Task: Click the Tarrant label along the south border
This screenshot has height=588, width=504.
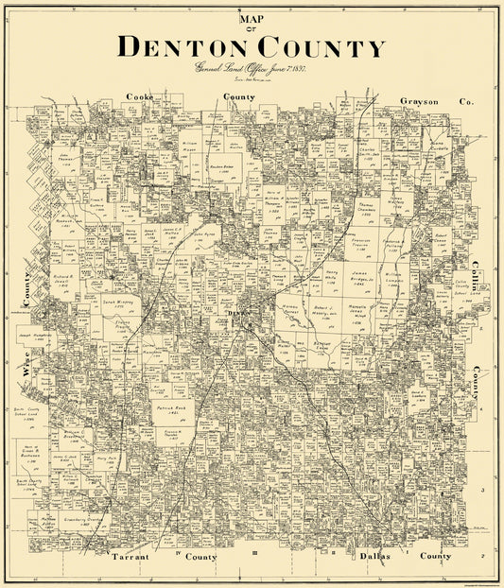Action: tap(128, 557)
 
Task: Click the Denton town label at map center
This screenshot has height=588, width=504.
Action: tap(236, 313)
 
